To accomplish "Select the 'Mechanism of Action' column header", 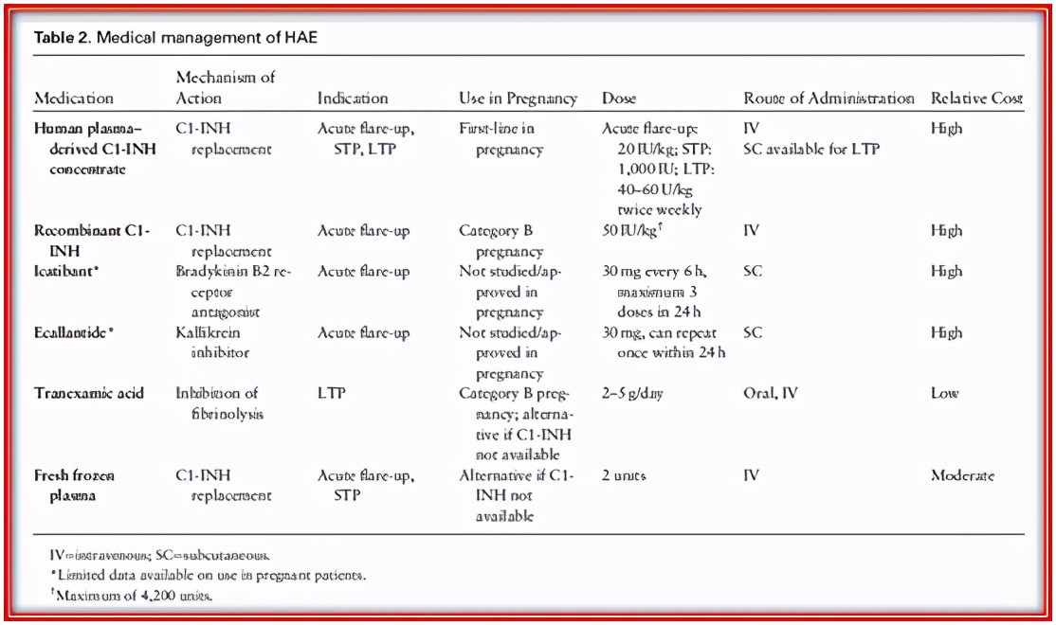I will point(226,87).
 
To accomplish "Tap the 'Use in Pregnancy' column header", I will point(518,98).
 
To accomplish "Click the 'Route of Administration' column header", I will point(828,98).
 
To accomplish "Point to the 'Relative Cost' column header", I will point(976,98).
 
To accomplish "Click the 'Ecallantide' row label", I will point(74,332).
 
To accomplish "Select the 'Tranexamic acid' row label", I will point(88,393).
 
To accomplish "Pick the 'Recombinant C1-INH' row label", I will point(92,241).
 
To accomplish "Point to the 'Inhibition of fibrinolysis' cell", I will point(217,402).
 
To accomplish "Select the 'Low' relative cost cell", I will point(944,393).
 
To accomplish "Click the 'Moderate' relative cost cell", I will point(962,475).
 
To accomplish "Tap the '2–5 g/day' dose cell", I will point(632,393).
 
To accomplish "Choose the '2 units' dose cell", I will point(624,475).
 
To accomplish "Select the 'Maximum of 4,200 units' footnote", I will point(134,595).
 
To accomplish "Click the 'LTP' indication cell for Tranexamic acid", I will point(331,393).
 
